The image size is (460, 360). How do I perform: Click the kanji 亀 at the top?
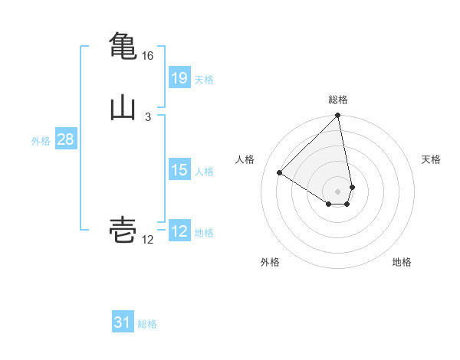point(123,46)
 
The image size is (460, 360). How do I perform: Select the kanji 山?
point(123,108)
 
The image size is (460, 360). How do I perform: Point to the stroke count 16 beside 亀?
point(147,56)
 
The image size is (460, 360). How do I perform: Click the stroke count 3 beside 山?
point(147,116)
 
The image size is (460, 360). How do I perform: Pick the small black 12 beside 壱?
point(147,240)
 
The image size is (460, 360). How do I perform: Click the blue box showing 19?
point(179,77)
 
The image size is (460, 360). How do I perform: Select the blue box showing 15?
point(179,170)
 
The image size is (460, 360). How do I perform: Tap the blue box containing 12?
point(179,231)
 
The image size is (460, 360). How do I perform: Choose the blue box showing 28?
point(65,139)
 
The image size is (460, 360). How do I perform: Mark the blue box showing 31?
point(123,322)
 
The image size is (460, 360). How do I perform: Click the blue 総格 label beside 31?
point(147,325)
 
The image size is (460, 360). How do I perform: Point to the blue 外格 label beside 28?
point(41,141)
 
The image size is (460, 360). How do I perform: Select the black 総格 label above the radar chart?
point(338,100)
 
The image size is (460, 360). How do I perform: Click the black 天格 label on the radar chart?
point(432,159)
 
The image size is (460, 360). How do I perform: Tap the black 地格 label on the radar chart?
point(402,262)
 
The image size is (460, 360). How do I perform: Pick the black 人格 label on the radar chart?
point(245,159)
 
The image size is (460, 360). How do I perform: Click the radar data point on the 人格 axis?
point(279,172)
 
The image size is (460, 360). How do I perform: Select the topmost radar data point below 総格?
point(338,116)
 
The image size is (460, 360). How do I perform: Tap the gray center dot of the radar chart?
point(338,191)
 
